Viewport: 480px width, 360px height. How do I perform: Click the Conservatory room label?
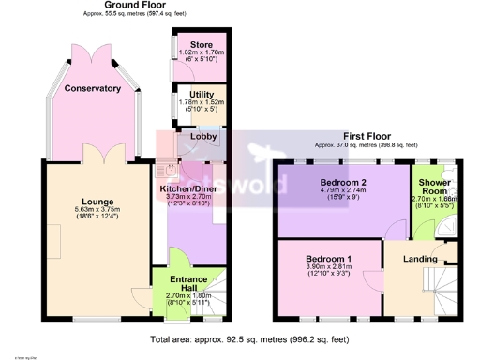point(93,88)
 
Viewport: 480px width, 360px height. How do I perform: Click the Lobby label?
point(203,137)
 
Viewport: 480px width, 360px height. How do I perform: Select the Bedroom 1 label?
point(328,258)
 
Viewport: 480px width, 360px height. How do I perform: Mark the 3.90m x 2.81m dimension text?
point(328,267)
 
